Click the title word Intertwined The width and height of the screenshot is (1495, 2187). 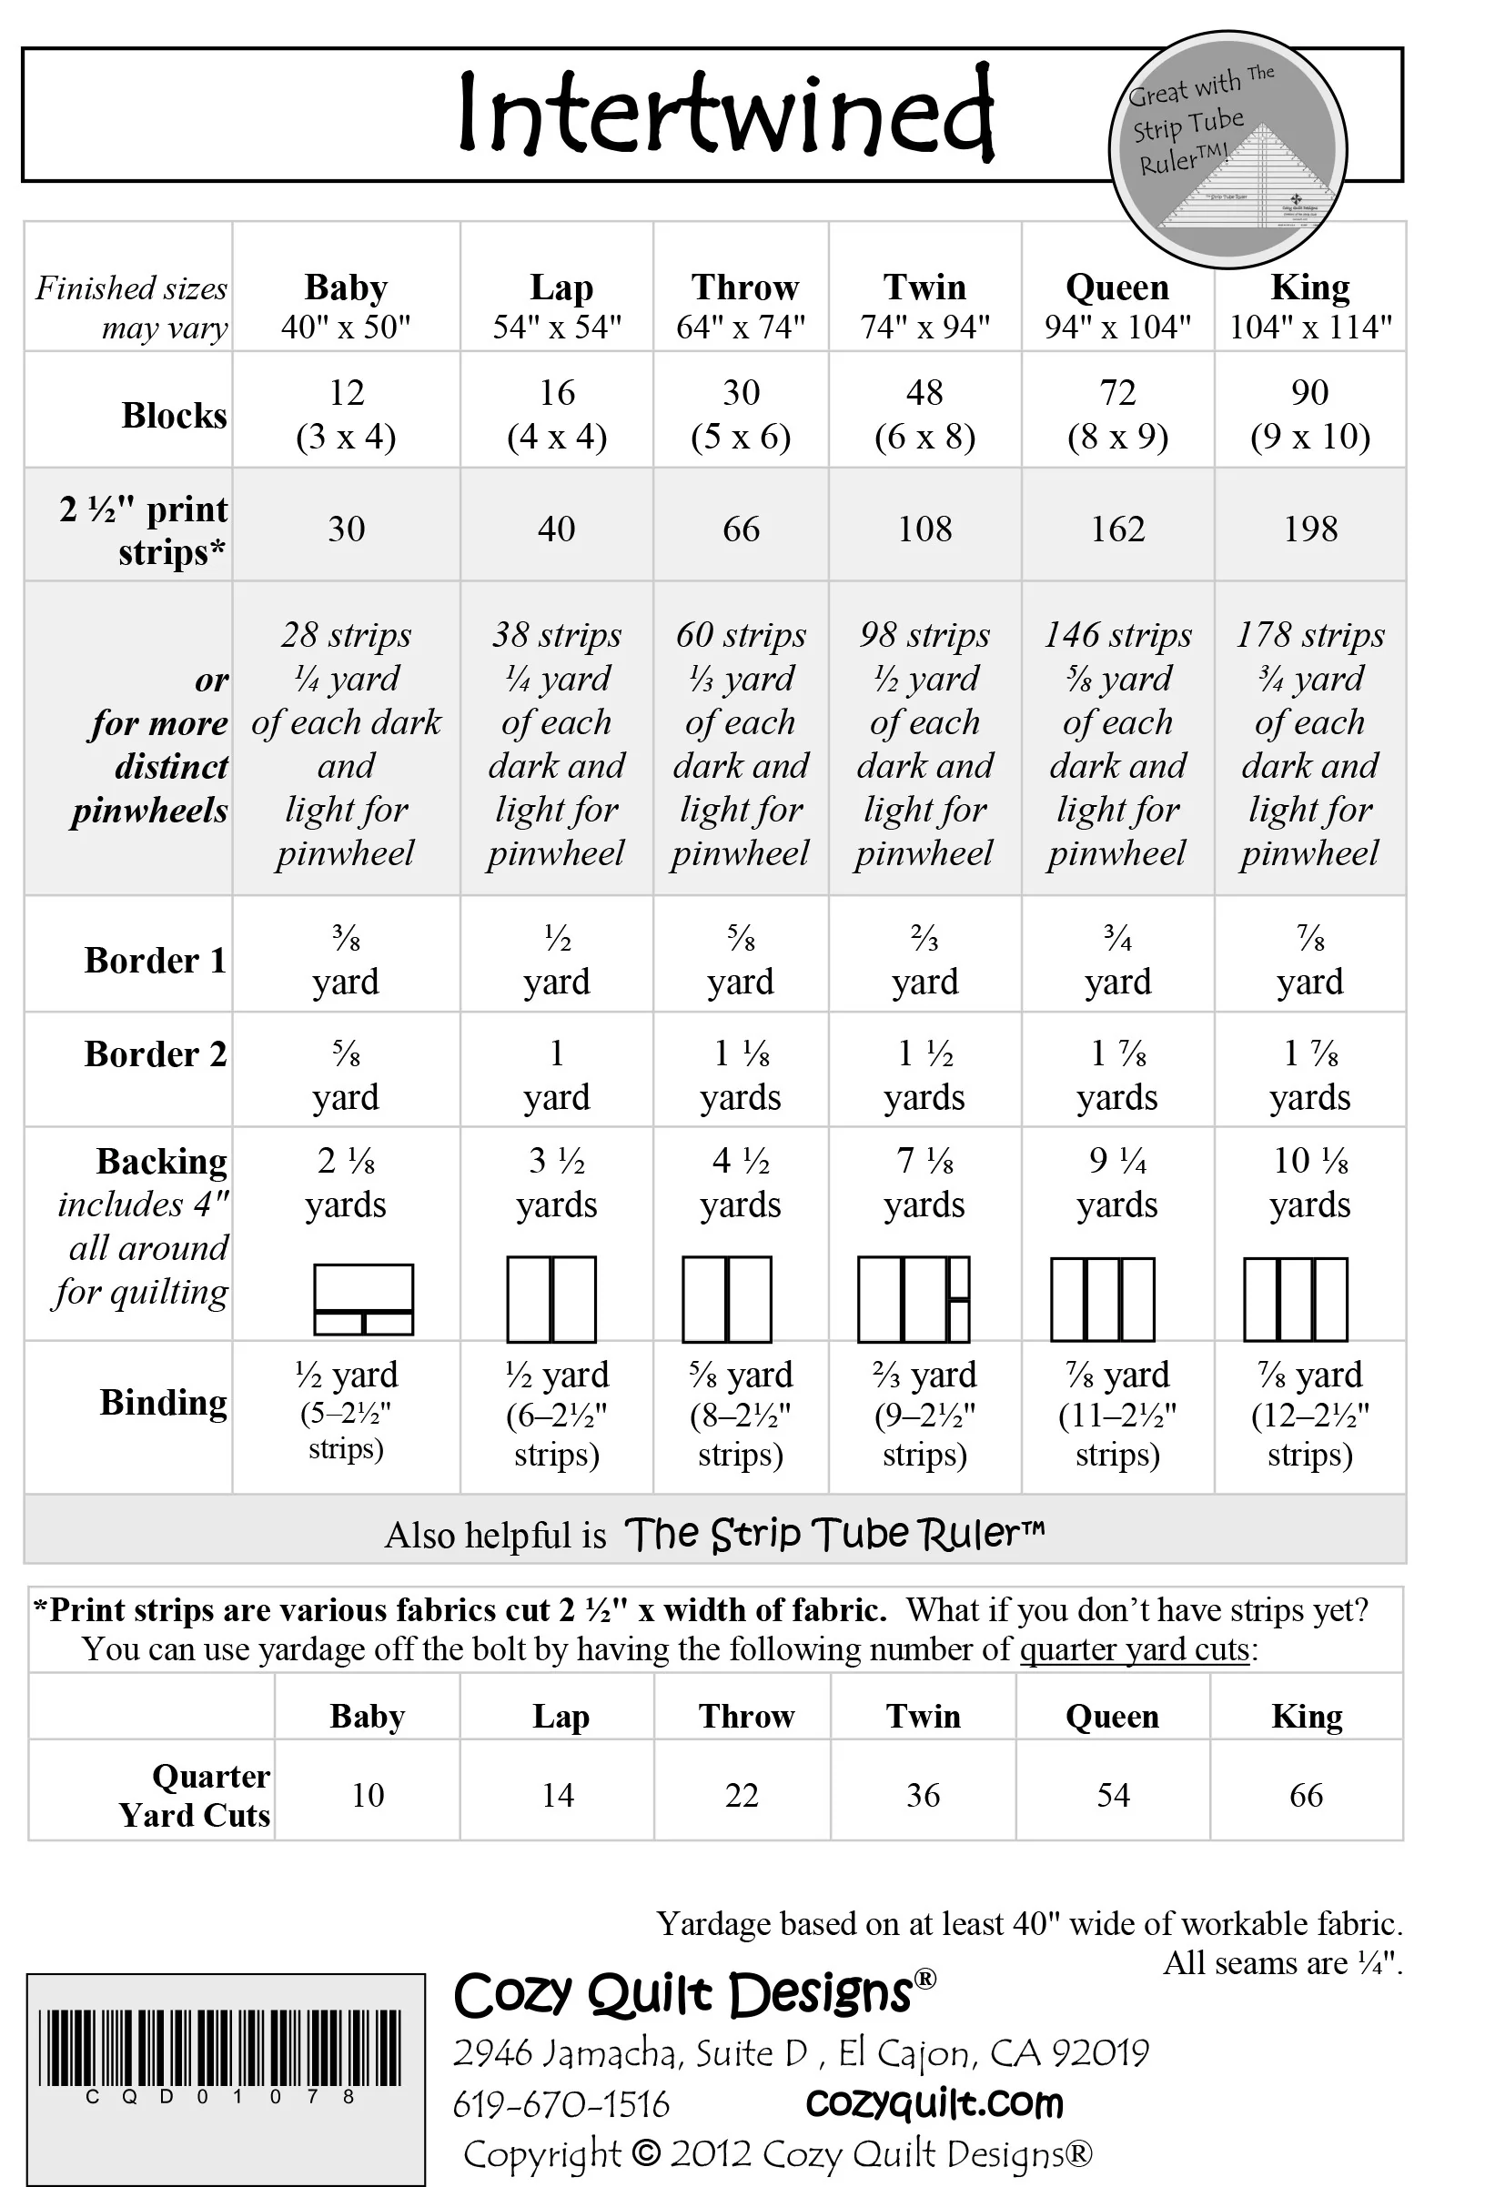726,113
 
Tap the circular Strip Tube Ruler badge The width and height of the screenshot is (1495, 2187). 1227,148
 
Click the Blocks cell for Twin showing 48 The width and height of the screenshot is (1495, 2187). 924,413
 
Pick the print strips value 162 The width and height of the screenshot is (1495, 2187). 1117,529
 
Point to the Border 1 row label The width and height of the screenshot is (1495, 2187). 156,960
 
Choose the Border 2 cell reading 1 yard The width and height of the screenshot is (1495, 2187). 556,1073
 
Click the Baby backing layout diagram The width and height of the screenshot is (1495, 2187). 363,1299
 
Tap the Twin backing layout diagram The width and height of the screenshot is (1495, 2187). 914,1299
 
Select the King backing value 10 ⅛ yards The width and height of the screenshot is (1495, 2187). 1310,1182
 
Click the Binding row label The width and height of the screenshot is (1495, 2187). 163,1402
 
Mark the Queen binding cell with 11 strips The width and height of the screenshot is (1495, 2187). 1117,1415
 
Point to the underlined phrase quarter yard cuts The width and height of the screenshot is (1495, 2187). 1135,1648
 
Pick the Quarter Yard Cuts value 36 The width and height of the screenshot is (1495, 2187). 923,1795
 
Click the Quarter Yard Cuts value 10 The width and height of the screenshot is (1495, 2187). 369,1795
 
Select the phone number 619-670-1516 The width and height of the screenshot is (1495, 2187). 561,2104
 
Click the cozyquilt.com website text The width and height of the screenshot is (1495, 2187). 934,2103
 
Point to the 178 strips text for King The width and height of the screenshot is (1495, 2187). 1310,635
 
